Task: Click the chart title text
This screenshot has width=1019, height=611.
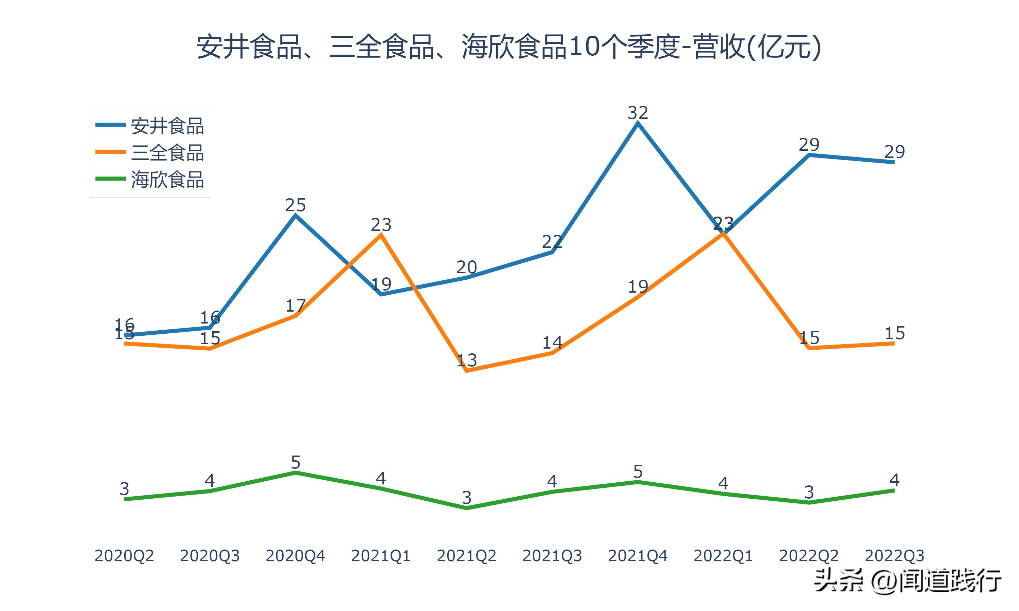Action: tap(509, 47)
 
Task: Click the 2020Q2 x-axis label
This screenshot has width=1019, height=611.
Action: tap(124, 556)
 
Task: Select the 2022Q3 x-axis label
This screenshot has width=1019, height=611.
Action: tap(894, 556)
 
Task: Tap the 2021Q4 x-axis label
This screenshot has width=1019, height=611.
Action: tap(638, 556)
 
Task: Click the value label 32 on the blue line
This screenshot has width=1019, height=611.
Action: tap(638, 112)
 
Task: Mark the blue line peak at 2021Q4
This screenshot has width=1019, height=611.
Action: tap(638, 123)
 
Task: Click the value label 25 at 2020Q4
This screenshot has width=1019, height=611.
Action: tap(295, 205)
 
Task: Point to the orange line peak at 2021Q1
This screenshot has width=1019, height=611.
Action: tap(381, 235)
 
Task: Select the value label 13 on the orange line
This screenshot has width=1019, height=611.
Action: tap(467, 360)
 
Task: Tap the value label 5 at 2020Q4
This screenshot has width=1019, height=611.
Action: tap(295, 462)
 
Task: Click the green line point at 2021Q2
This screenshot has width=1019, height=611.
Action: tap(467, 508)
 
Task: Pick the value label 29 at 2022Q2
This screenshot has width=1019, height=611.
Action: tap(809, 145)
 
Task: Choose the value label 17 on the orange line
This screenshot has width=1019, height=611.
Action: tap(295, 305)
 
